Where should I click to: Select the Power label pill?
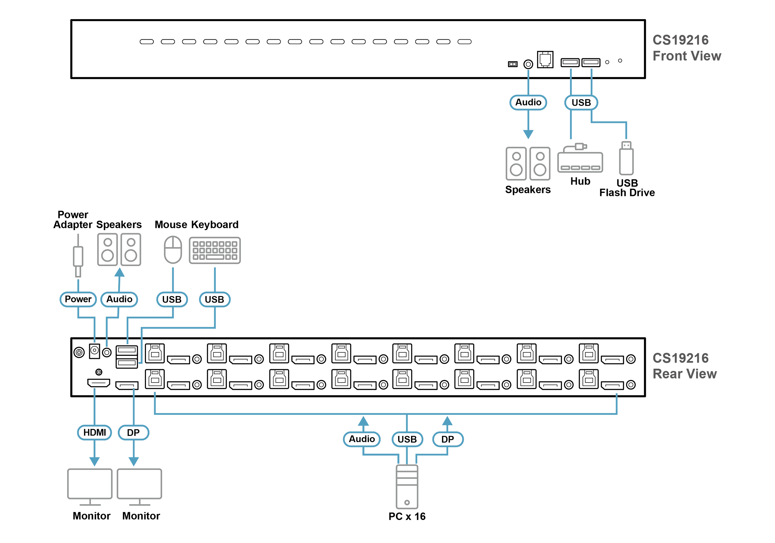pyautogui.click(x=78, y=299)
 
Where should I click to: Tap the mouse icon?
pyautogui.click(x=173, y=250)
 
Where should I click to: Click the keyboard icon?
pyautogui.click(x=215, y=250)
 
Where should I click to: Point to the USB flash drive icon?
pyautogui.click(x=626, y=158)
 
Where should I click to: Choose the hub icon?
pyautogui.click(x=580, y=158)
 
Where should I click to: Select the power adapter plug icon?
pyautogui.click(x=78, y=256)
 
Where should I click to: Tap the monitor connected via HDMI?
pyautogui.click(x=90, y=487)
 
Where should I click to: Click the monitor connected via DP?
pyautogui.click(x=139, y=487)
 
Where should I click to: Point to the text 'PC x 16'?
pyautogui.click(x=407, y=516)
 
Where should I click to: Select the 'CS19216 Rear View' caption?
pyautogui.click(x=685, y=366)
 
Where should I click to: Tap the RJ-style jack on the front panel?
pyautogui.click(x=545, y=59)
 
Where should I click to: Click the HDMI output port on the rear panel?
pyautogui.click(x=99, y=383)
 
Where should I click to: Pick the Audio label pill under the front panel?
pyautogui.click(x=528, y=102)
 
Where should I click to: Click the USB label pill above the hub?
pyautogui.click(x=581, y=103)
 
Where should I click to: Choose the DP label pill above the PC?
pyautogui.click(x=448, y=439)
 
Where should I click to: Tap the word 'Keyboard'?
pyautogui.click(x=215, y=225)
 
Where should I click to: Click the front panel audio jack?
pyautogui.click(x=528, y=64)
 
